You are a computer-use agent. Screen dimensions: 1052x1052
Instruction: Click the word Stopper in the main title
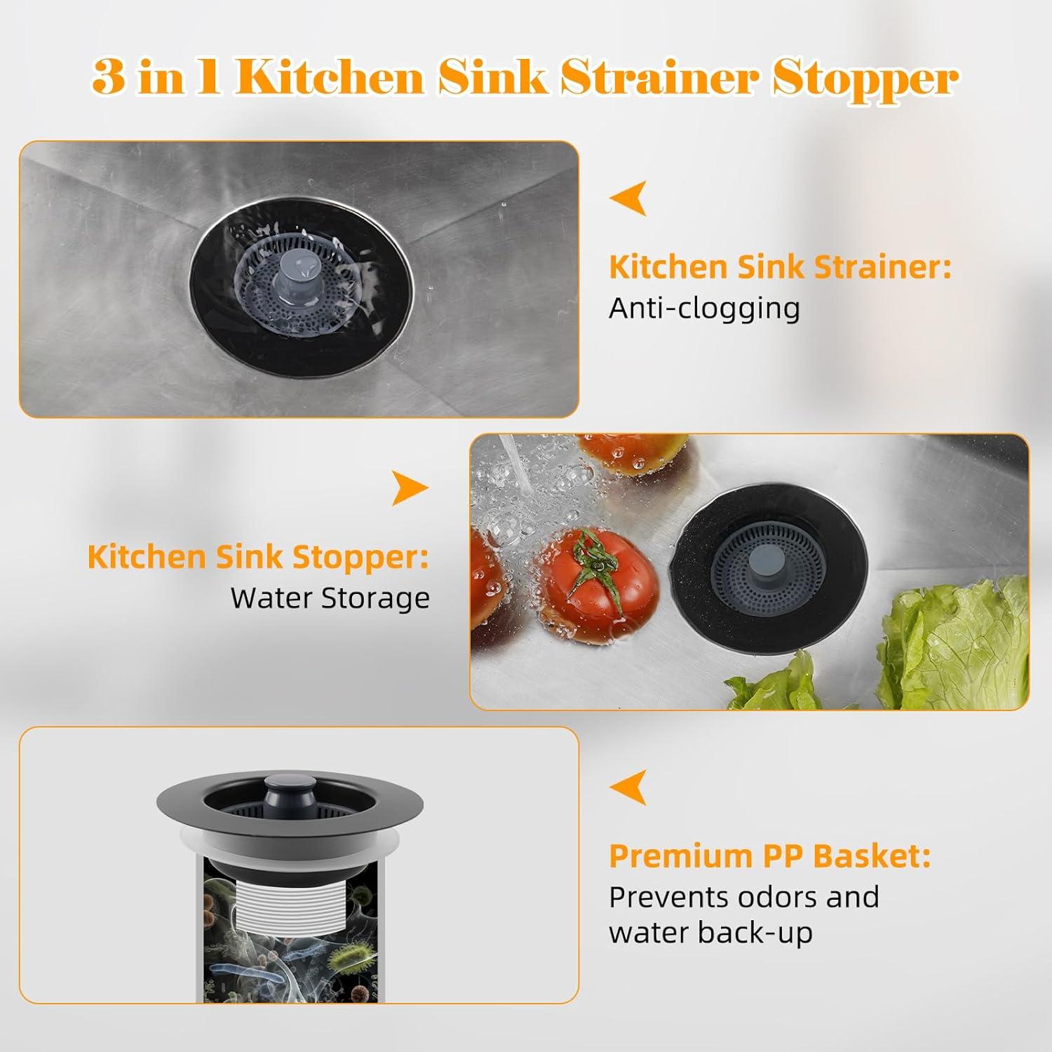click(x=865, y=79)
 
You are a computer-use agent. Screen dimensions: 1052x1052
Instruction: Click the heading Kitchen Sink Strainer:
click(x=780, y=267)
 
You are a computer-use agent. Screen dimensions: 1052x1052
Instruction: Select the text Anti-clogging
click(x=704, y=309)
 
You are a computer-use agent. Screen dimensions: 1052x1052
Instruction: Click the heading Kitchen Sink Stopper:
click(x=258, y=557)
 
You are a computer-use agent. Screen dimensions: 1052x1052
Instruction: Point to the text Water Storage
click(x=330, y=598)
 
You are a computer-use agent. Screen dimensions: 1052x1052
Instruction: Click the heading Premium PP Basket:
click(x=769, y=856)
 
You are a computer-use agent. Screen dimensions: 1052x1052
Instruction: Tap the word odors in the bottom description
click(x=777, y=897)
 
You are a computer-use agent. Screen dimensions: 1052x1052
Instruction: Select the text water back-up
click(x=710, y=933)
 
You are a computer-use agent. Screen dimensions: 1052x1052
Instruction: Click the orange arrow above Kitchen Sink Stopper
click(x=410, y=488)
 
